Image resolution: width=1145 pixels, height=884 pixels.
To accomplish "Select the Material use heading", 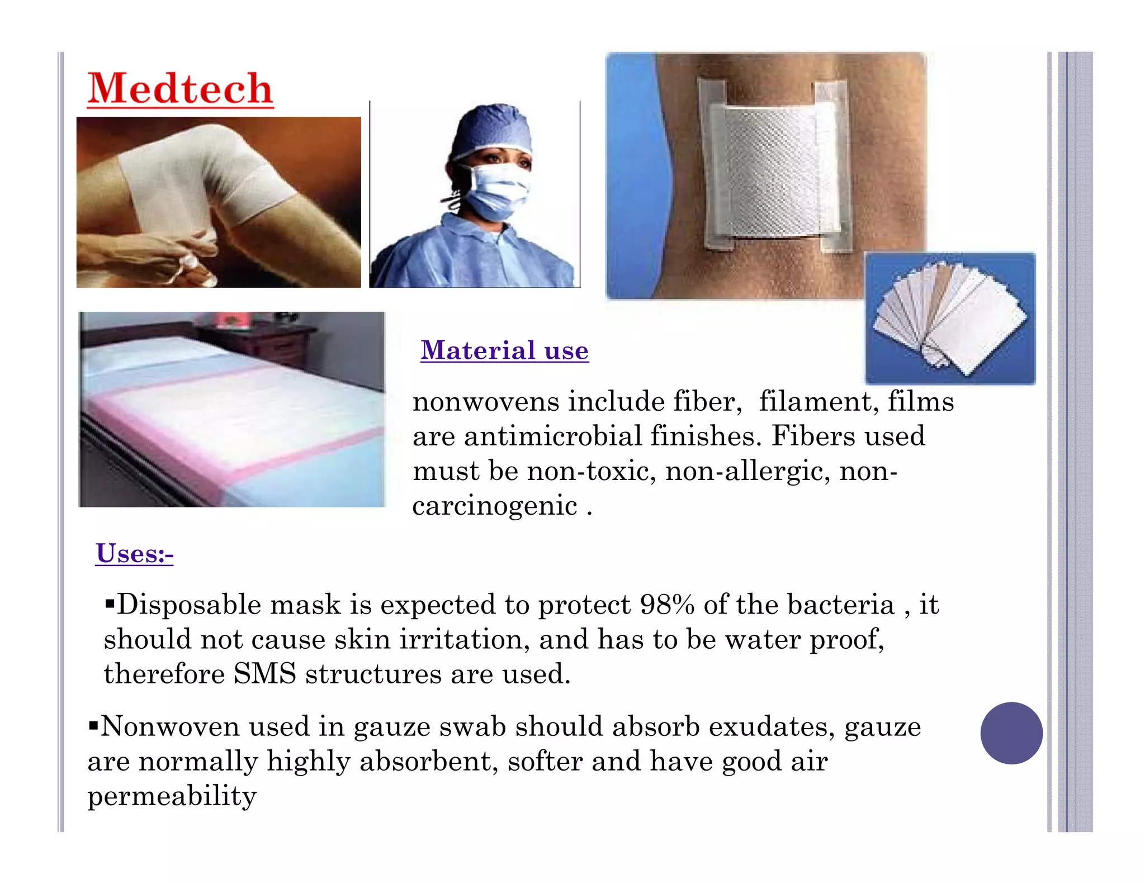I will click(504, 350).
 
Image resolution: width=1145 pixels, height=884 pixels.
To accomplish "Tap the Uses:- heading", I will click(134, 553).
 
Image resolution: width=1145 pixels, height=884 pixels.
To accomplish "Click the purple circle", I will click(1011, 733).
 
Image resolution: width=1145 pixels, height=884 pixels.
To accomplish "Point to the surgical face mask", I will click(495, 192).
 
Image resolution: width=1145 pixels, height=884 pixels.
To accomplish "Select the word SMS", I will click(264, 674).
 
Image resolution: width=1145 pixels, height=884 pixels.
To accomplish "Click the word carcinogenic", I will click(495, 506).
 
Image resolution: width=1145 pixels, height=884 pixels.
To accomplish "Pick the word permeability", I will click(172, 796).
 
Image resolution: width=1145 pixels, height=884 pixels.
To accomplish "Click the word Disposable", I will click(189, 605).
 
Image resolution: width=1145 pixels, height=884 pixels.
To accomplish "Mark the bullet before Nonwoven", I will click(93, 726).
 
